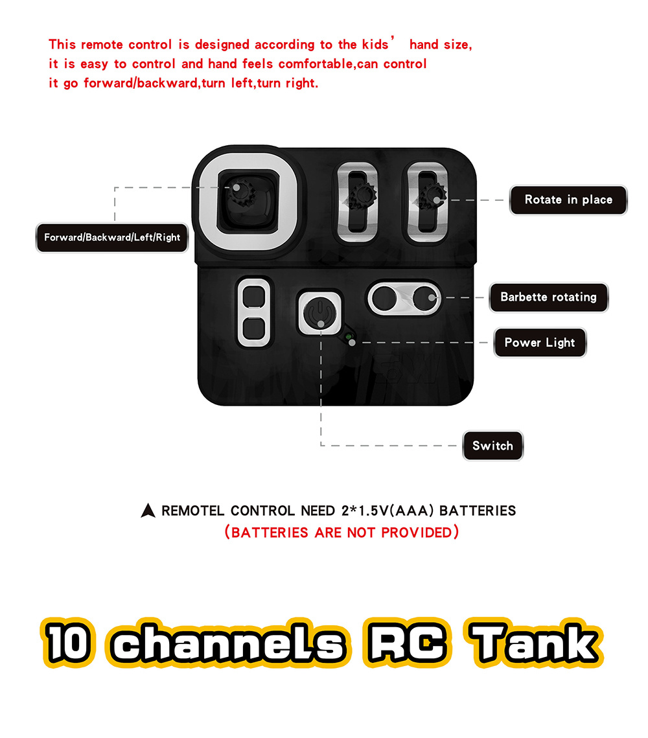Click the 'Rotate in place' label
point(568,200)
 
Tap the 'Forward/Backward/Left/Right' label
point(112,238)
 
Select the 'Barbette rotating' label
point(548,297)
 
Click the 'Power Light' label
point(540,343)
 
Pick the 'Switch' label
point(492,446)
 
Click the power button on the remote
point(320,313)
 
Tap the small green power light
point(349,337)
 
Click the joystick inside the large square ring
point(242,193)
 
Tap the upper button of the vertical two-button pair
point(254,296)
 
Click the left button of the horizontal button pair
point(384,299)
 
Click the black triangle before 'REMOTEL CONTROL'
point(148,511)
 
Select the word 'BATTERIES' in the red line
point(269,533)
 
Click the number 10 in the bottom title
point(68,643)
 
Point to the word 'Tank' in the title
point(534,643)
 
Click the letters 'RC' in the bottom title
point(406,643)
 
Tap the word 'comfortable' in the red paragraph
point(316,64)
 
